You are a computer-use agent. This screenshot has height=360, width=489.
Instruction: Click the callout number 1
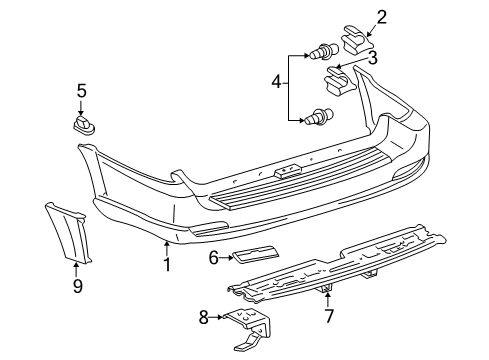click(x=167, y=265)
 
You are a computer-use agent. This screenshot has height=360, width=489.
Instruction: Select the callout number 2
click(x=381, y=17)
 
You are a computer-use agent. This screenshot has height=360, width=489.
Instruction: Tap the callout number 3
click(x=372, y=58)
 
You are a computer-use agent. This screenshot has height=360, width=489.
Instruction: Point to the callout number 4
click(x=276, y=82)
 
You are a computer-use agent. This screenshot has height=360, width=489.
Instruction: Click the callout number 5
click(x=82, y=91)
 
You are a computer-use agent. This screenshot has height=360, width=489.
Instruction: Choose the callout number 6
click(x=214, y=258)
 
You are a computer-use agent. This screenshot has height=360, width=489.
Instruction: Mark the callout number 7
click(x=329, y=316)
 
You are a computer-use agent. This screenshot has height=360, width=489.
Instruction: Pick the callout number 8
click(x=204, y=317)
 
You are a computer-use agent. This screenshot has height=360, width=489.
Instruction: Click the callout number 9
click(x=78, y=286)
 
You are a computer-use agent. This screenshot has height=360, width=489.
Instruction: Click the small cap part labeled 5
click(x=84, y=125)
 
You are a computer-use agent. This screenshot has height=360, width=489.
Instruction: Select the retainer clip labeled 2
click(x=355, y=39)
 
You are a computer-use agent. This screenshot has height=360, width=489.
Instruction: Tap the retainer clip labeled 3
click(x=339, y=80)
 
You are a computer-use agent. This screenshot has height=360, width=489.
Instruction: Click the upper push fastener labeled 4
click(x=324, y=51)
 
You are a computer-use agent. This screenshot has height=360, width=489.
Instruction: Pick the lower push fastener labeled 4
click(x=319, y=117)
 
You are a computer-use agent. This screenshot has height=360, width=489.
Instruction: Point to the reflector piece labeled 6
click(x=256, y=255)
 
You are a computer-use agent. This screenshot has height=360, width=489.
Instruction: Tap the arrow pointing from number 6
click(x=226, y=258)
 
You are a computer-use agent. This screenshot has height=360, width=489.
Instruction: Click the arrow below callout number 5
click(x=81, y=108)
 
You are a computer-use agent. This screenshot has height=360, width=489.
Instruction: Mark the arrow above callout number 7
click(x=328, y=299)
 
